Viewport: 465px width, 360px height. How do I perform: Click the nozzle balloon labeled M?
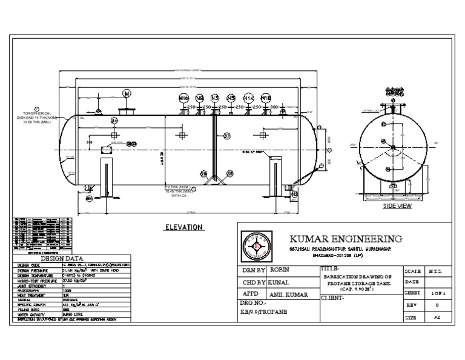tap(127, 93)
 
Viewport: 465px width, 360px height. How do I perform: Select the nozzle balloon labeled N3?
tap(215, 98)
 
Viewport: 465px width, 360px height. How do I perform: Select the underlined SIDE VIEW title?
tap(397, 206)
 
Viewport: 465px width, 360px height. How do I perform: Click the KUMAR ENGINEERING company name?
tap(346, 238)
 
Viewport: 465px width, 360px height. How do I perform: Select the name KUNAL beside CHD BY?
tap(281, 282)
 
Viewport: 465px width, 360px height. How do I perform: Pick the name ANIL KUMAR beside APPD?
tap(289, 295)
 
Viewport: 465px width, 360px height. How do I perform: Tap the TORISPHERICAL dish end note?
tap(36, 116)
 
